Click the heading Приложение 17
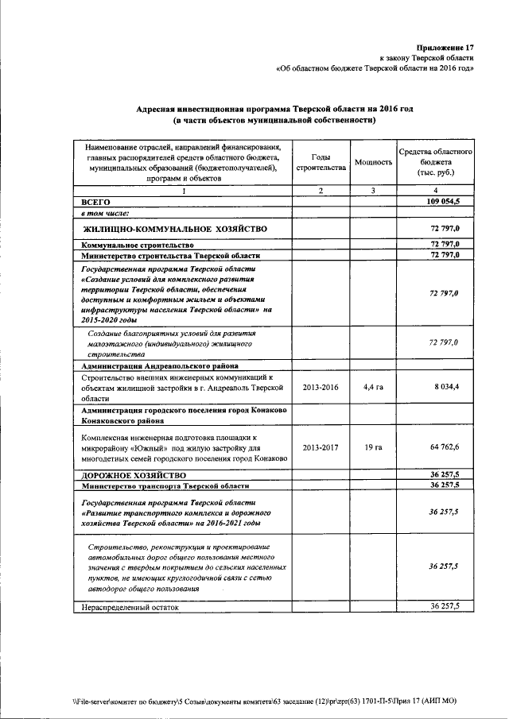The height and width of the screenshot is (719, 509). point(445,47)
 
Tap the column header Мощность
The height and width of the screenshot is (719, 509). point(373,162)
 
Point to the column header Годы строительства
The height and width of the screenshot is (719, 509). point(320,162)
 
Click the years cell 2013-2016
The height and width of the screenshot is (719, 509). point(320,387)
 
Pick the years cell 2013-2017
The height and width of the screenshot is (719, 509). point(320,448)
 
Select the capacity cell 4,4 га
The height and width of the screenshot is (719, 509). point(373,387)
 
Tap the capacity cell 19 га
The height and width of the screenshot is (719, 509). point(373,448)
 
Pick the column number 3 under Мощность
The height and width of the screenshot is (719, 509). point(373,191)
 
